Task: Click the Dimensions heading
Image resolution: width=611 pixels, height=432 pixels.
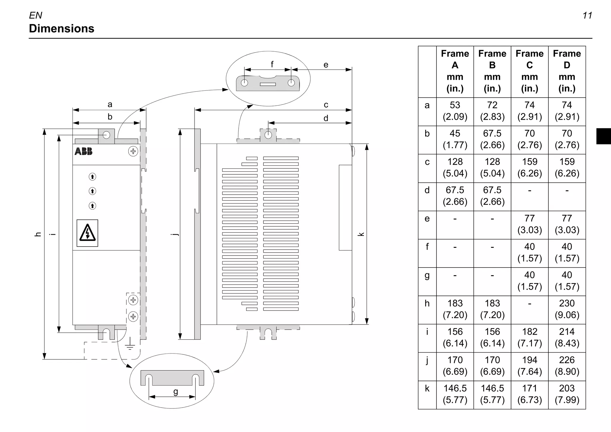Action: coord(61,29)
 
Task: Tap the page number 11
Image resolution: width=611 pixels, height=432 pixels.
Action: coord(587,16)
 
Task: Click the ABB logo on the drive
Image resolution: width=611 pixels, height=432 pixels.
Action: coord(84,151)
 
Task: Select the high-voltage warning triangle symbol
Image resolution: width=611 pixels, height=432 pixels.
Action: coord(87,233)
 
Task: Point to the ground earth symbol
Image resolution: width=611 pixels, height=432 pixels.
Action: coord(130,344)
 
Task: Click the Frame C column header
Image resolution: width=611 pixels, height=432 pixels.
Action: coord(529,71)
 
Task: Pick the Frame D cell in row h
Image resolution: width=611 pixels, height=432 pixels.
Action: coord(567,309)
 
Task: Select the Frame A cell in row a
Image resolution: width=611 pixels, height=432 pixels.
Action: coord(455,111)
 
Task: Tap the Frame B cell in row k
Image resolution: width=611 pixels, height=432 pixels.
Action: coord(492,394)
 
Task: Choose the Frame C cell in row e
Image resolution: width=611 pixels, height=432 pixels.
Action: coord(529,224)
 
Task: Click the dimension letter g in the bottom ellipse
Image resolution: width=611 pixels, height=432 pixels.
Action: coord(175,391)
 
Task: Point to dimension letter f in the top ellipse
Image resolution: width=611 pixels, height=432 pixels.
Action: coord(272,64)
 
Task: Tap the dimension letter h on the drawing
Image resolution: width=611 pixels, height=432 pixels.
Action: coord(38,234)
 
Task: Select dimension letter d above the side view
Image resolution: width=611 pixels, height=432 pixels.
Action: coord(326,118)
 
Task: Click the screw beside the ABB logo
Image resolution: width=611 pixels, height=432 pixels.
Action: coord(133,151)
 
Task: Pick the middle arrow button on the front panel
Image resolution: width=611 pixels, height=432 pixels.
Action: coord(92,191)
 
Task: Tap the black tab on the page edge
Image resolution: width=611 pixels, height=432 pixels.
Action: coord(603,136)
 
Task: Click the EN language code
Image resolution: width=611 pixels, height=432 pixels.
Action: coord(36,16)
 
